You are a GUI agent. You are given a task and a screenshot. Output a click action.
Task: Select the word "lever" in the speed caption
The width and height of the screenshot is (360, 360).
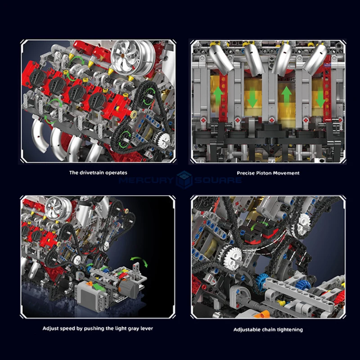point(147,328)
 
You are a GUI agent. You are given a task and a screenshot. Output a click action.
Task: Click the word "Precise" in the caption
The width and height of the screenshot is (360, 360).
point(245,173)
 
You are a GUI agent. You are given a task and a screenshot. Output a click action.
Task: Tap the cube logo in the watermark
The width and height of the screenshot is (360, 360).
point(184,180)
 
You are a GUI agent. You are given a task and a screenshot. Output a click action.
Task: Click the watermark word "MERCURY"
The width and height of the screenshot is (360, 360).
point(146,180)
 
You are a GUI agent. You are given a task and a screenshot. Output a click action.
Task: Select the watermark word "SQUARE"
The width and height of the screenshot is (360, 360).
point(218,180)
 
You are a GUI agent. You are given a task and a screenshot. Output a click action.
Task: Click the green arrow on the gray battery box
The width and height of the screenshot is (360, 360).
point(97,287)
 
